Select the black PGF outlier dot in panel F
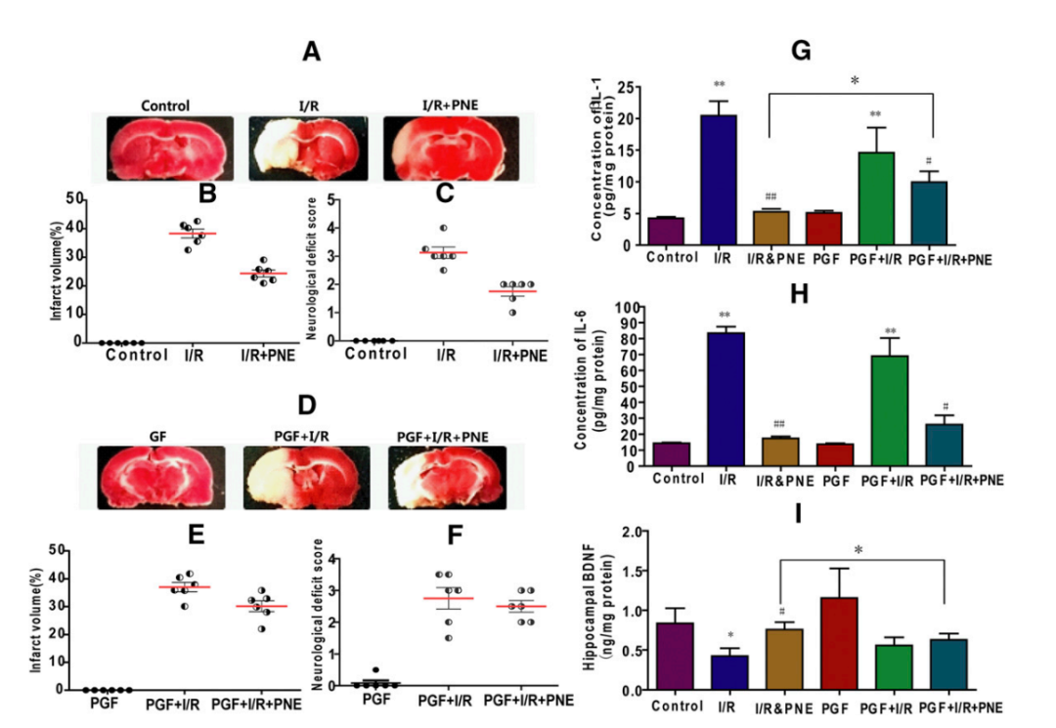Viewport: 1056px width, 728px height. [x=375, y=670]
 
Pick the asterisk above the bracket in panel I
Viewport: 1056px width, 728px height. [x=858, y=550]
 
